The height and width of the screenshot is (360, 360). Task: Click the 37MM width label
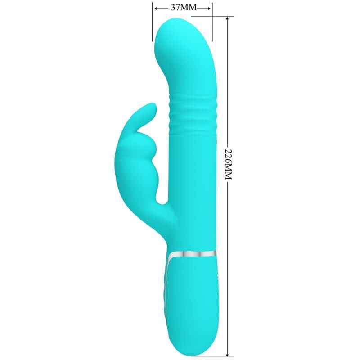[x=182, y=8]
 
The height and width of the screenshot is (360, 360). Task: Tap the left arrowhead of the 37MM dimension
[x=156, y=8]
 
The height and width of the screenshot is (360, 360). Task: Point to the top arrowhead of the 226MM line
[x=229, y=19]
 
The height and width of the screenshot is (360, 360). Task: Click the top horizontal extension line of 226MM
[x=223, y=17]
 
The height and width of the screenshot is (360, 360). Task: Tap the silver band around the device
[x=193, y=255]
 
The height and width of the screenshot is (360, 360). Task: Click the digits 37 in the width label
[x=176, y=8]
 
